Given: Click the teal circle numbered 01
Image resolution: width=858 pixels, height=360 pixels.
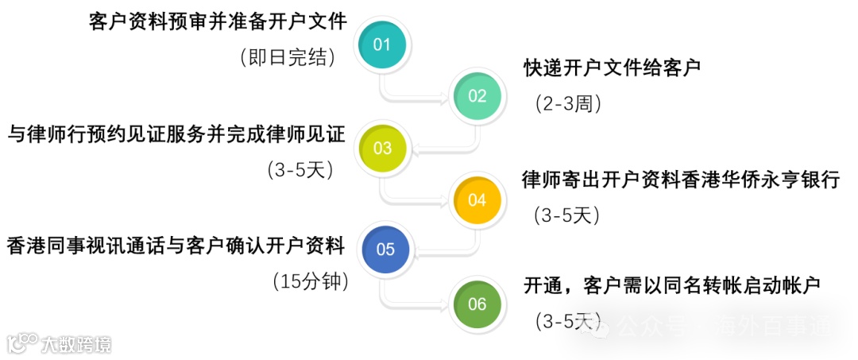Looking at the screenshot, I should tap(382, 44).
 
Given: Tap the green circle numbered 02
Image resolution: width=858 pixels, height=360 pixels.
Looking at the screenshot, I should tap(477, 96).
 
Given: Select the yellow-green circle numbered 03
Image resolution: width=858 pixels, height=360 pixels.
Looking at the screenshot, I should tap(383, 148).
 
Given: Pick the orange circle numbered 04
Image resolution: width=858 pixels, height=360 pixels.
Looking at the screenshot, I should tap(477, 199).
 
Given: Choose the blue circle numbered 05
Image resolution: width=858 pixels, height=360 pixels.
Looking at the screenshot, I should tap(385, 250).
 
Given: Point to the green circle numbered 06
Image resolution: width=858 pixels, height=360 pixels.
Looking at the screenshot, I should tap(477, 304).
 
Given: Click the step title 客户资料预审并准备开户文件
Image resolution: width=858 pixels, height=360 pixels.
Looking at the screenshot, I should tap(218, 21).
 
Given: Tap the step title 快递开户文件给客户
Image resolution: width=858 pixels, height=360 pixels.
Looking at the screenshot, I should tap(612, 67).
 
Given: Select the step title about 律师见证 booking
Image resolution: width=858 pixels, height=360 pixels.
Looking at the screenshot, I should tap(176, 134).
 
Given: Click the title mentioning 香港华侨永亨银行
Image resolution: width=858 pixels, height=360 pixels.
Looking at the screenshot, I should tap(681, 179).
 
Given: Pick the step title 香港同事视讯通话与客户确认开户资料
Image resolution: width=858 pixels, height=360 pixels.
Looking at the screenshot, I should tap(176, 246).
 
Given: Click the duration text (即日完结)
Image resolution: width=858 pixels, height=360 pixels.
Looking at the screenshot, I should tap(287, 57).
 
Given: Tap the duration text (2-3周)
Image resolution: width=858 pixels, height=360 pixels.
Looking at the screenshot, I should tap(567, 103).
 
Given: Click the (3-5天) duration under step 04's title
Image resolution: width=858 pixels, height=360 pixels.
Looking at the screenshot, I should tap(566, 215).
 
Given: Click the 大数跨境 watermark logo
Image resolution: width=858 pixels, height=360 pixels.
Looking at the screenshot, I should tap(60, 344).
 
